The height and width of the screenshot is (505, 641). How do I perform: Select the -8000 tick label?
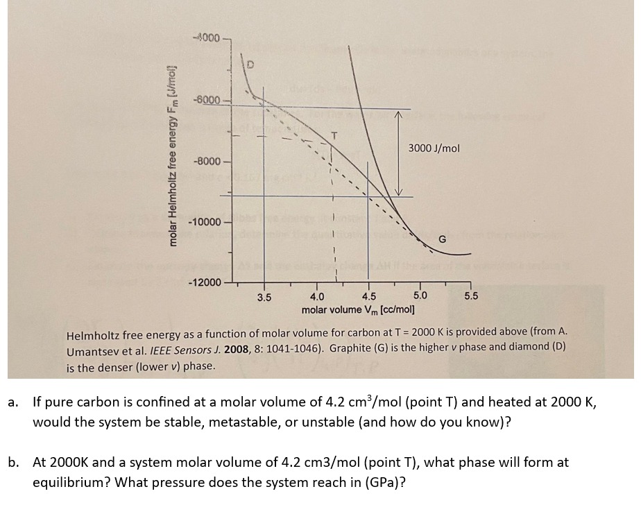click(206, 161)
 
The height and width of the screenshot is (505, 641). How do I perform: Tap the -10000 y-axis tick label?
click(204, 223)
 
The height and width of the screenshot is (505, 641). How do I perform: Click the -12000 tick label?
click(204, 283)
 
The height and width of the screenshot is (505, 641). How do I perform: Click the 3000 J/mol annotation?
click(434, 148)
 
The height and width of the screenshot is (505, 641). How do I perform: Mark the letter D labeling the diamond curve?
click(251, 65)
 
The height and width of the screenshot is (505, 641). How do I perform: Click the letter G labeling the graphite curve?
click(441, 239)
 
